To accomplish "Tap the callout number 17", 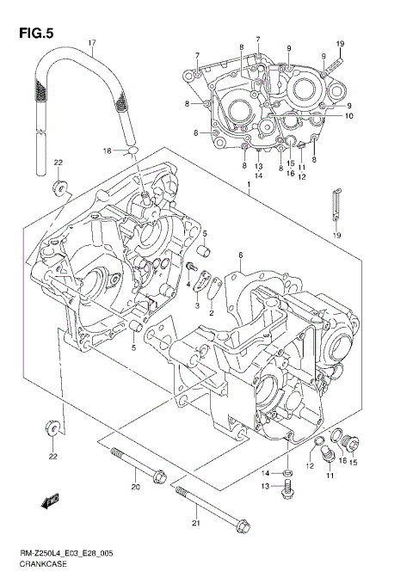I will (x=91, y=43).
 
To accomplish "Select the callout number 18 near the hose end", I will (x=107, y=151).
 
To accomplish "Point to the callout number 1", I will (x=248, y=185).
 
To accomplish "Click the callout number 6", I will (x=241, y=255).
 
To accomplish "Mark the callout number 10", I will (x=350, y=116).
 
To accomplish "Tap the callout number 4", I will (x=188, y=284).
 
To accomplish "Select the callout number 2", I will (x=211, y=313).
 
